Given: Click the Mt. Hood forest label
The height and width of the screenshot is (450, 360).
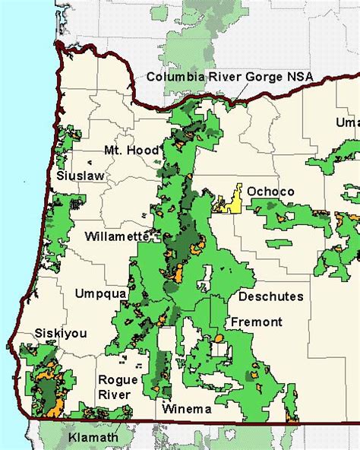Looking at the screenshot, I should click(x=131, y=151).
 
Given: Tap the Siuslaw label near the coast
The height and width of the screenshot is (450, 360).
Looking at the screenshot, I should click(x=80, y=176).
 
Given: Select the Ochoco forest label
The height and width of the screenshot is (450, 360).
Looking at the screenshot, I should click(x=265, y=192).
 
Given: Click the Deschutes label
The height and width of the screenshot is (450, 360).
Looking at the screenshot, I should click(x=270, y=296).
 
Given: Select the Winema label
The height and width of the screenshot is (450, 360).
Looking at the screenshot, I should click(x=187, y=409).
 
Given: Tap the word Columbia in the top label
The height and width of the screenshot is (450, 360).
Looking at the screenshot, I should click(x=172, y=77).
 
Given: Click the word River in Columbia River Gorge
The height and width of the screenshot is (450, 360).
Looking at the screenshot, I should click(x=218, y=77).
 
